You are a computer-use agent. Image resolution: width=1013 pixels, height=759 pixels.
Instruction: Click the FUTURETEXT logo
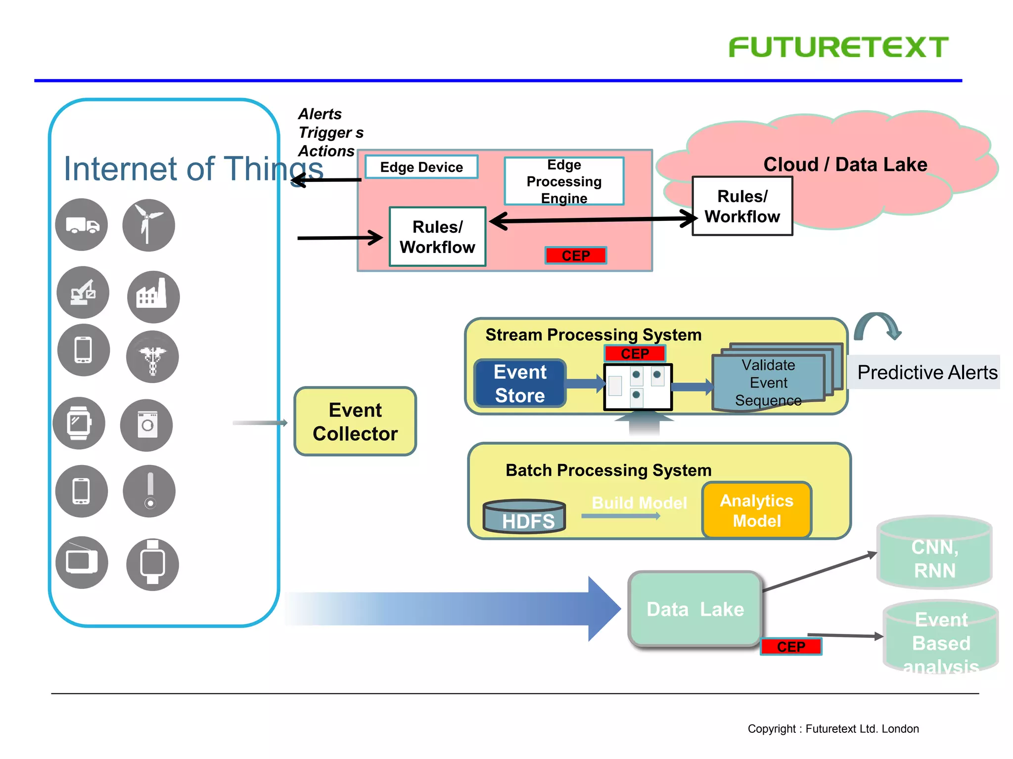pos(838,47)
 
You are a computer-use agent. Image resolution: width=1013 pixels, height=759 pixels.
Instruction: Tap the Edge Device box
pos(421,167)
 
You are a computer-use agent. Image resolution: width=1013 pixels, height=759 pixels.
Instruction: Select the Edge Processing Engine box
pos(564,181)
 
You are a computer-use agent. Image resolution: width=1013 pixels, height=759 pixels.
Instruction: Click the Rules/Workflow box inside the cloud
pos(742,207)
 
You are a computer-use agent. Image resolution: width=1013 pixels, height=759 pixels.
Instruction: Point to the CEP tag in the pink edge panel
pos(576,255)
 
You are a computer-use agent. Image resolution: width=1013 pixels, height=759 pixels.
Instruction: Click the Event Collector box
pos(355,422)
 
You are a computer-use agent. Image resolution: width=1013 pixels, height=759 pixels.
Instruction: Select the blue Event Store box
pos(520,383)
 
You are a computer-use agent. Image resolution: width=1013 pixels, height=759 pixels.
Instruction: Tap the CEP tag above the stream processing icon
pos(635,354)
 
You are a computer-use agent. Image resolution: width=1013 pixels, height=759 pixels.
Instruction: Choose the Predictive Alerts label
pos(926,372)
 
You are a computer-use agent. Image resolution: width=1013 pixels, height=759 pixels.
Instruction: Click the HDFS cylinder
pos(525,517)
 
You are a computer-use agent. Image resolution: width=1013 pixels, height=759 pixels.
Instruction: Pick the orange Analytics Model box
pos(756,510)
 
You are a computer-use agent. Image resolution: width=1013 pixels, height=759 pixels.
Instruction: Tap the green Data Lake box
pos(695,609)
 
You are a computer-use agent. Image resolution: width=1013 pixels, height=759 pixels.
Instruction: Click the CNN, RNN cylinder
pos(934,553)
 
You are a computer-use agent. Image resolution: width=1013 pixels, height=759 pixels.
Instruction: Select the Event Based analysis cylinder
pos(940,638)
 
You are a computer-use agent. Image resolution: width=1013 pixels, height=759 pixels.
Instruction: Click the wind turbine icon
pos(148,225)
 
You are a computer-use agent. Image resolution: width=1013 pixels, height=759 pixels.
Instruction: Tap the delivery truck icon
pos(82,225)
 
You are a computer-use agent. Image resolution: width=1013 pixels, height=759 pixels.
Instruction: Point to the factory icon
pos(153,297)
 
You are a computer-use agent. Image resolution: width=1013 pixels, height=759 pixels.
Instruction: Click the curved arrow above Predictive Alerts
pos(877,326)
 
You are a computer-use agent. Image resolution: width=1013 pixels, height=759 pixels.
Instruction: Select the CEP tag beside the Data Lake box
pos(790,646)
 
